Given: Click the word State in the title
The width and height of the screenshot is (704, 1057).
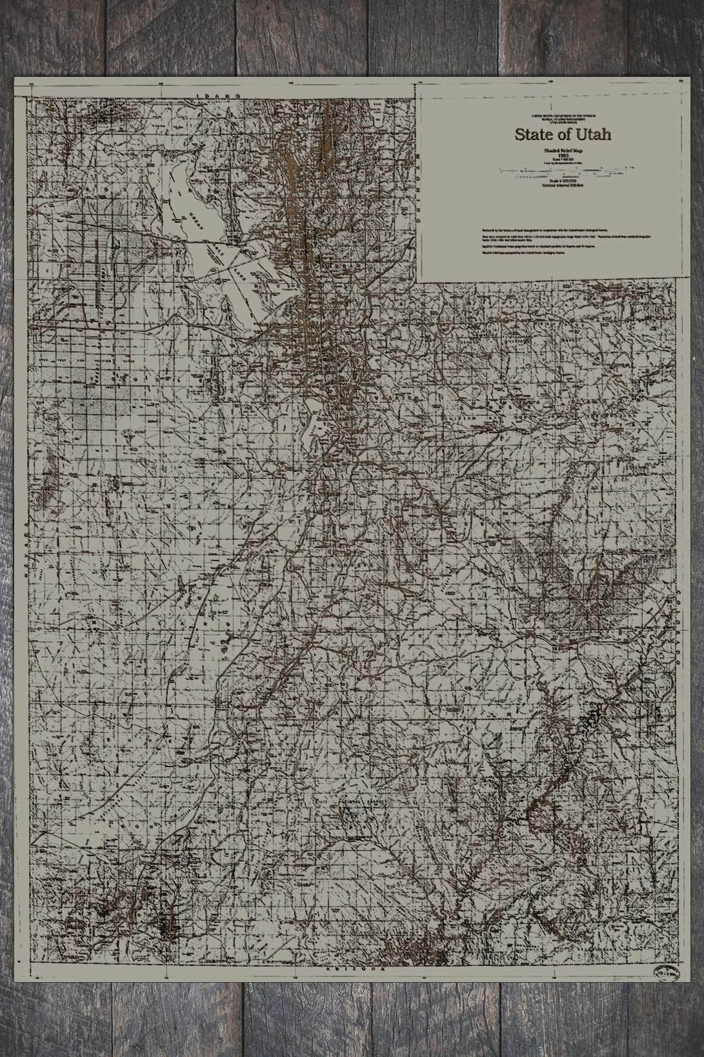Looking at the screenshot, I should tap(530, 135).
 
